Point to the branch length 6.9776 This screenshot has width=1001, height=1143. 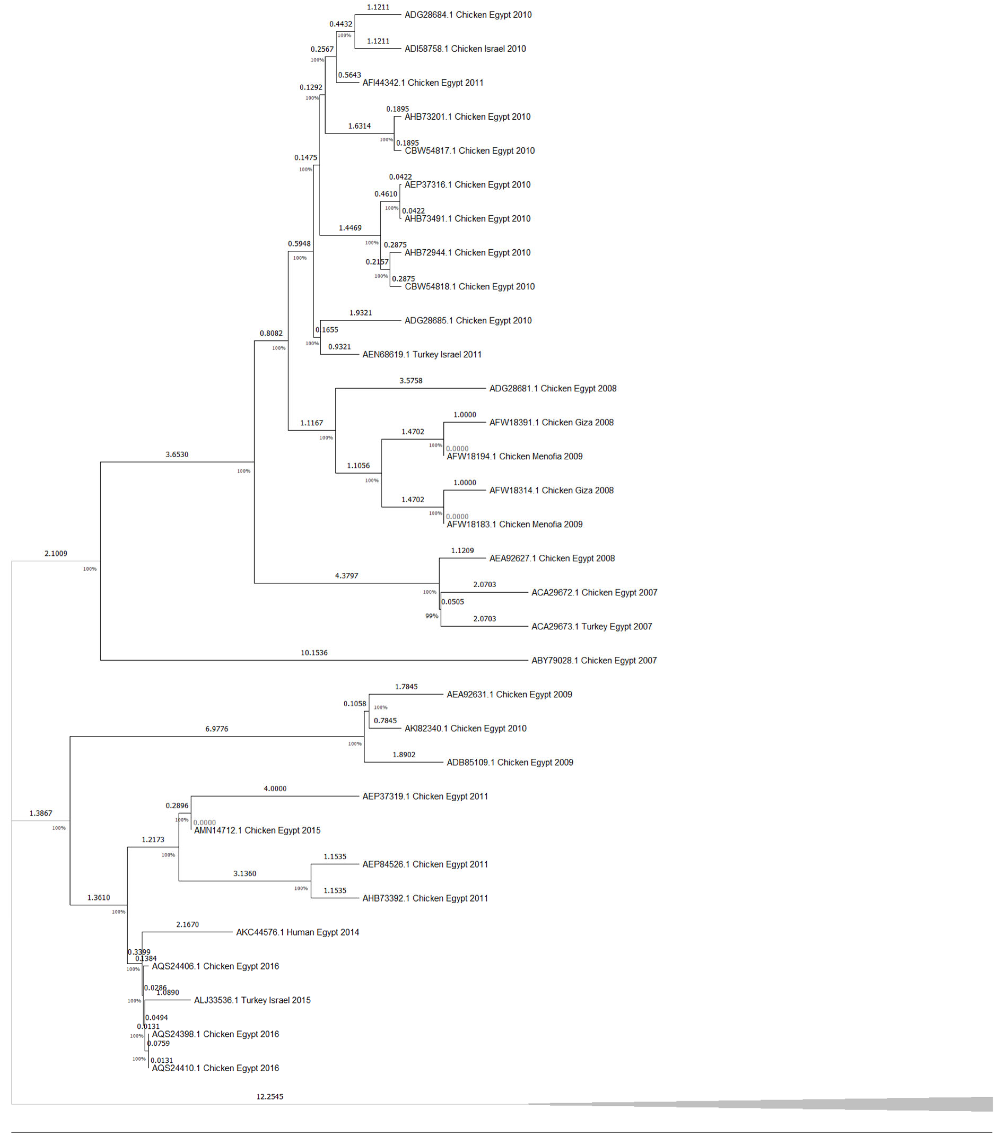coord(217,729)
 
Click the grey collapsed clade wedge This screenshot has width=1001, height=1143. coord(838,1105)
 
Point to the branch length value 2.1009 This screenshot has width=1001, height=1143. coord(56,554)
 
